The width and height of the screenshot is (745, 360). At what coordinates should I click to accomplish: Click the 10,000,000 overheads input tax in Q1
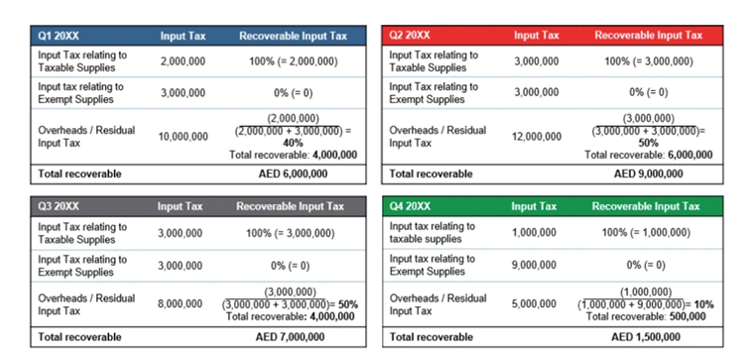(184, 136)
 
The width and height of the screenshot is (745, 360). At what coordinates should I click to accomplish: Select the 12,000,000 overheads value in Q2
(537, 136)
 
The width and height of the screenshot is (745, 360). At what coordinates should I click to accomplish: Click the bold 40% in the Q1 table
(293, 143)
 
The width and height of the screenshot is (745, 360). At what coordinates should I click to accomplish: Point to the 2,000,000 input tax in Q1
(184, 61)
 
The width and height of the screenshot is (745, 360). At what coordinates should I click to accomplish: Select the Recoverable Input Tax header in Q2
(648, 35)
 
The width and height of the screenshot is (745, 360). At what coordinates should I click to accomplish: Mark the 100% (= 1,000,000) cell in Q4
(648, 232)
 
